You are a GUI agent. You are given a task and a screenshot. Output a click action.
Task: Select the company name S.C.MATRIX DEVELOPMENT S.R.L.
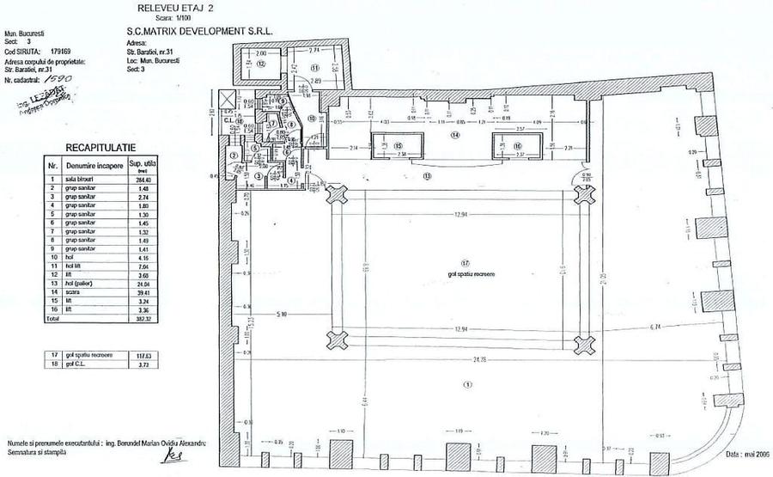coord(199,28)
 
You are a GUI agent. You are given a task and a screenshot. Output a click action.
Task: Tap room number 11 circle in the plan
coord(314,67)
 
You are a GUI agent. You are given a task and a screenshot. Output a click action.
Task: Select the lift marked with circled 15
coord(398,146)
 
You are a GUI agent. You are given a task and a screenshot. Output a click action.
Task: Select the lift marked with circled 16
coord(517,146)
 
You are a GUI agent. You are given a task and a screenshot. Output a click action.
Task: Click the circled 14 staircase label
coord(455,135)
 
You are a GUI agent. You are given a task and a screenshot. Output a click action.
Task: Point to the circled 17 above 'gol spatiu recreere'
coord(465,262)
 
